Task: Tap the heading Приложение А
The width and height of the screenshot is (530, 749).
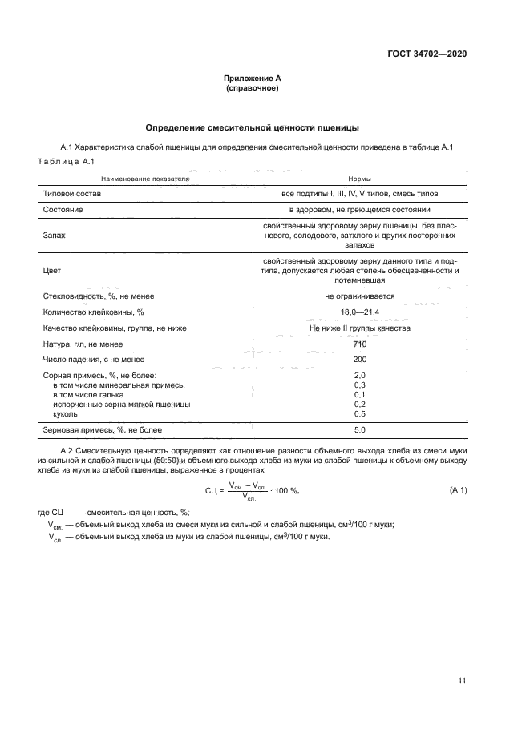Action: pos(252,79)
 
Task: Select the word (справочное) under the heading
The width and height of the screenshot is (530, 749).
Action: pos(252,88)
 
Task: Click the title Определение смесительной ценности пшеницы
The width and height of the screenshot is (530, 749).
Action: pos(252,127)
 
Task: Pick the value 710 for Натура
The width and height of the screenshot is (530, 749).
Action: pos(359,344)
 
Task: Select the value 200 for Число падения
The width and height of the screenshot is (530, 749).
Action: pos(359,360)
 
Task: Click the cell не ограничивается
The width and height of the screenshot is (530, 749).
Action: pos(359,296)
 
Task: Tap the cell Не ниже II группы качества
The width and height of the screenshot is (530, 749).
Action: pos(359,328)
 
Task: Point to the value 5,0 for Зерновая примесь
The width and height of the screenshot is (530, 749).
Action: pos(359,430)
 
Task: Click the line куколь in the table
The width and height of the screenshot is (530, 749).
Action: pos(65,414)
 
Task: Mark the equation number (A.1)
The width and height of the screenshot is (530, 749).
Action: pos(456,490)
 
